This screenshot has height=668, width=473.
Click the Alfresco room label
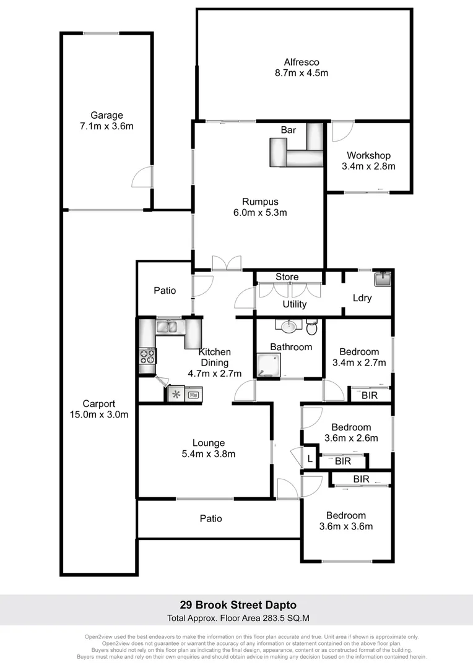coord(301,62)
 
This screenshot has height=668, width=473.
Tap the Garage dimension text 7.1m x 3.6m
coord(106,126)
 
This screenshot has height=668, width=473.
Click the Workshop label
coord(368,155)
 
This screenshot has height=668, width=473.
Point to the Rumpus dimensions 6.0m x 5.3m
coord(260,213)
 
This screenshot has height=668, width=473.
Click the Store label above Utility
coord(287,277)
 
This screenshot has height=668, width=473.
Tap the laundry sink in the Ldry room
coord(383,278)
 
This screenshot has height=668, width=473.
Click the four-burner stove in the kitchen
coord(147,356)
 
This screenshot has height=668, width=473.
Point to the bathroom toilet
coord(311,326)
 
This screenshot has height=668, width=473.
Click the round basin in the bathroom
coord(288,326)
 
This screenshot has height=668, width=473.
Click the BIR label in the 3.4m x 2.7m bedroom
coord(370,395)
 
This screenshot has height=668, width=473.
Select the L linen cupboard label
coord(310,459)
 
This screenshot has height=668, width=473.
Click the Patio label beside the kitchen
coord(165,290)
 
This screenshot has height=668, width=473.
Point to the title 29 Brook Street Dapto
coord(238,605)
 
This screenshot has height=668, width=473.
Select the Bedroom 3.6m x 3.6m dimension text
coord(345,526)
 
